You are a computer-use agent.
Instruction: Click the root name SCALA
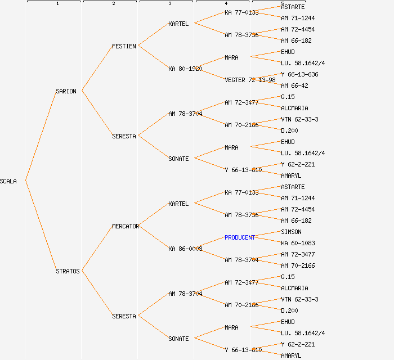pyautogui.click(x=8, y=181)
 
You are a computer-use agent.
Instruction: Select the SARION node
pyautogui.click(x=66, y=91)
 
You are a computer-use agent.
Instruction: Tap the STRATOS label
pyautogui.click(x=68, y=271)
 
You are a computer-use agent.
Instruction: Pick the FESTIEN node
pyautogui.click(x=124, y=47)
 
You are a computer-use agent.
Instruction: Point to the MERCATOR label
pyautogui.click(x=126, y=227)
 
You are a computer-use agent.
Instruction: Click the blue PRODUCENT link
pyautogui.click(x=240, y=238)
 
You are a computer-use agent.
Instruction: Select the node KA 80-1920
pyautogui.click(x=185, y=69)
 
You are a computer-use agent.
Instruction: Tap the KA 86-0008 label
pyautogui.click(x=185, y=249)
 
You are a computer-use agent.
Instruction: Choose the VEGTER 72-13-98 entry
pyautogui.click(x=250, y=80)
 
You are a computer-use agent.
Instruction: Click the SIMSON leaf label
pyautogui.click(x=291, y=232)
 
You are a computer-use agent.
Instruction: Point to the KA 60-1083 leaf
pyautogui.click(x=298, y=243)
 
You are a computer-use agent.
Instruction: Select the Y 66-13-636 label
pyautogui.click(x=299, y=75)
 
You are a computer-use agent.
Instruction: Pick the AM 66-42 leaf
pyautogui.click(x=294, y=86)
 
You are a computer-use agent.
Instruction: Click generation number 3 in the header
pyautogui.click(x=170, y=3)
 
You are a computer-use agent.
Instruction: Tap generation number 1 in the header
pyautogui.click(x=57, y=3)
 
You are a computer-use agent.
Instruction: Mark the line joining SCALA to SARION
pyautogui.click(x=41, y=136)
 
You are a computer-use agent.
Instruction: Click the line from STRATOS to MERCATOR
pyautogui.click(x=97, y=248)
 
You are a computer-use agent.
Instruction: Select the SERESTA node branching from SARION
pyautogui.click(x=124, y=136)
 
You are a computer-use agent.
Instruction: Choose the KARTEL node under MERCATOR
pyautogui.click(x=178, y=204)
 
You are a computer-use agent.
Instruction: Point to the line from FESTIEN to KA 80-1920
pyautogui.click(x=153, y=57)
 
